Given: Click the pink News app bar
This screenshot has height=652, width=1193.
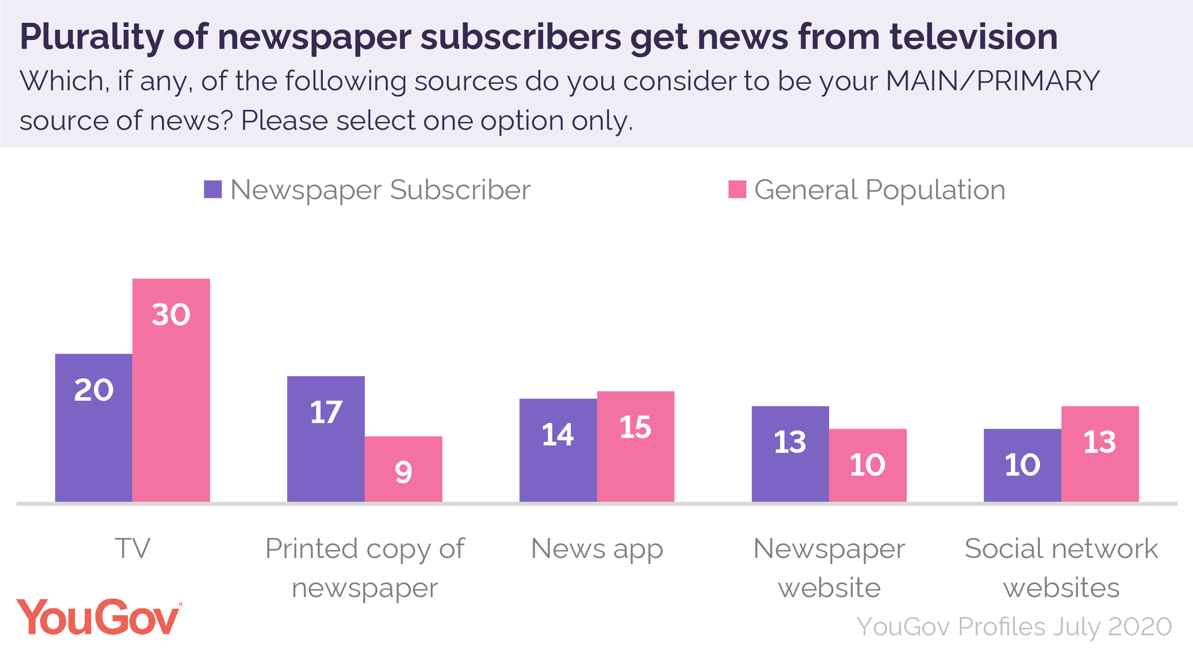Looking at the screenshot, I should coord(635,446).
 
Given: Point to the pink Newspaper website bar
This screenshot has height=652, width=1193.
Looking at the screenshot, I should coord(867,465).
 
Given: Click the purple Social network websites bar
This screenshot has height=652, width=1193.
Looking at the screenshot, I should coord(1022,465).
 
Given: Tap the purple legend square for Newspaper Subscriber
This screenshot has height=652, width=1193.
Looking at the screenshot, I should coord(213,189).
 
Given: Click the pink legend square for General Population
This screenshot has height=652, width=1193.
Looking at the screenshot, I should coord(737,189).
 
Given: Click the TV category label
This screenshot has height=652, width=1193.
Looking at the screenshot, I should coord(133,548).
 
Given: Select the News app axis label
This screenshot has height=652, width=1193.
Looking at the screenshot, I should coord(597,549).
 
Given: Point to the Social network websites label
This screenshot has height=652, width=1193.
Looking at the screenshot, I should coord(1061,568).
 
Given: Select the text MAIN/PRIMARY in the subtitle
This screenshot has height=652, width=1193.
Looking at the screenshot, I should coord(992,81).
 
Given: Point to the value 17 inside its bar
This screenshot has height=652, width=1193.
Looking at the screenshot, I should coord(326,412).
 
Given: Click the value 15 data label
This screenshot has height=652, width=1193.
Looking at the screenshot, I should coord(635,427).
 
